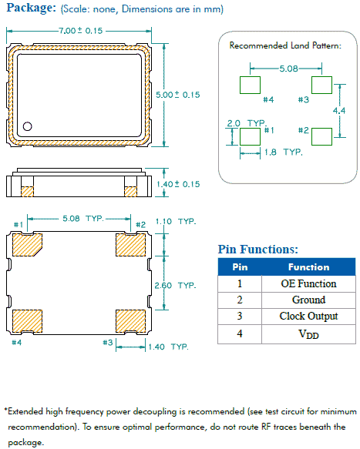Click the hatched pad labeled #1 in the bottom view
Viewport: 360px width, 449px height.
(29, 243)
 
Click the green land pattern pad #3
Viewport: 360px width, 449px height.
(321, 85)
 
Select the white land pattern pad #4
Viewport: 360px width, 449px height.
(250, 85)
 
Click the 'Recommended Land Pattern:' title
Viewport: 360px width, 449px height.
(285, 45)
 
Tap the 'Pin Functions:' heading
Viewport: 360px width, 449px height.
(258, 250)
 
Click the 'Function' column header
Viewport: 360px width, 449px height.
(308, 267)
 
